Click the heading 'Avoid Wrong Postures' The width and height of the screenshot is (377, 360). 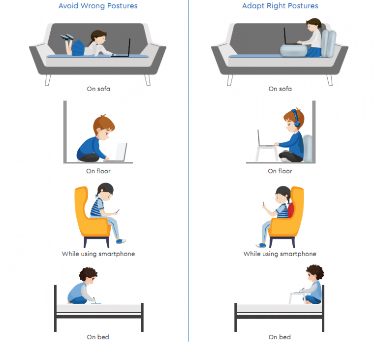pyautogui.click(x=98, y=6)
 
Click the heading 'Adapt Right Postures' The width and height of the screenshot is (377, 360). pyautogui.click(x=280, y=6)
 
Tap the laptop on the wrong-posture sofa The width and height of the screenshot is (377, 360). pyautogui.click(x=123, y=49)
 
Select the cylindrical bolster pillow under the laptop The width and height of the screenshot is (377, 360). pyautogui.click(x=293, y=51)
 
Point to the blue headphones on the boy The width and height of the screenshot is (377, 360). pyautogui.click(x=296, y=118)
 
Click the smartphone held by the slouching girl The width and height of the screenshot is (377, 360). pyautogui.click(x=118, y=211)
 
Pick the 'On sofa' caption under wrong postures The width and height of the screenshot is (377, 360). pyautogui.click(x=98, y=89)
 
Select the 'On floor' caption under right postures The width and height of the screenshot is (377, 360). pyautogui.click(x=280, y=171)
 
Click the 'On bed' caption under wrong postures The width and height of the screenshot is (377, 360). pyautogui.click(x=98, y=337)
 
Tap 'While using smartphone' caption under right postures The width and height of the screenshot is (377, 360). pyautogui.click(x=280, y=254)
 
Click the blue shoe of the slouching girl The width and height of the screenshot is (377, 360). pyautogui.click(x=121, y=241)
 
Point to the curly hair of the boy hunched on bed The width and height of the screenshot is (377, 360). pyautogui.click(x=88, y=273)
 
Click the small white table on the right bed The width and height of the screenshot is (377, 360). pyautogui.click(x=297, y=297)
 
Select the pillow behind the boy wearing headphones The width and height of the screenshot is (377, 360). pyautogui.click(x=308, y=148)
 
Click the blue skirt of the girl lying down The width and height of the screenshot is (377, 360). pyautogui.click(x=78, y=48)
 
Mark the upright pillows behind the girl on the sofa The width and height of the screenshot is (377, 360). pyautogui.click(x=329, y=44)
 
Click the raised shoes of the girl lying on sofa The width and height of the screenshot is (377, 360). pyautogui.click(x=67, y=37)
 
